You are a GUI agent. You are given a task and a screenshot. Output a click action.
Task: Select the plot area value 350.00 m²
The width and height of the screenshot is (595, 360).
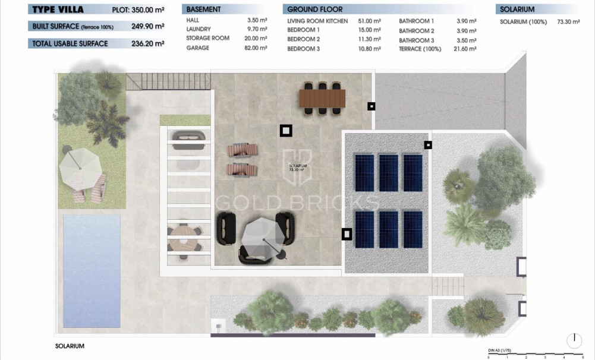pos(148,10)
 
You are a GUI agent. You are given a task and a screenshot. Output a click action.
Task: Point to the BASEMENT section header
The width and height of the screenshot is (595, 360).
pos(204,10)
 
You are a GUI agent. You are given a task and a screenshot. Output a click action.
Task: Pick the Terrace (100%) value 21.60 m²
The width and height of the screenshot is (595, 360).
pos(464,49)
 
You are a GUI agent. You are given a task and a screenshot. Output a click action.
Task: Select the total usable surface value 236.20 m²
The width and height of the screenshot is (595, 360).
pos(148,43)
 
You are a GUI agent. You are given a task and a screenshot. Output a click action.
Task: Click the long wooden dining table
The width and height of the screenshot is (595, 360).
pos(322,97)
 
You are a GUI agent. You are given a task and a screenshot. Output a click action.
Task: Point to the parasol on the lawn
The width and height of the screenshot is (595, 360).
pos(79,166)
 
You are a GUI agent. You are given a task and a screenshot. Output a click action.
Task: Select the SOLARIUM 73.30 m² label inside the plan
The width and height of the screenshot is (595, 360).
pos(297,168)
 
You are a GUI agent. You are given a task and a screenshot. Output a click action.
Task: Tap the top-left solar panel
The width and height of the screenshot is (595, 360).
pos(364,172)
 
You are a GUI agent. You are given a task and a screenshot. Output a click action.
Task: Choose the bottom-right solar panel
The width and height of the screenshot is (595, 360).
pos(413,229)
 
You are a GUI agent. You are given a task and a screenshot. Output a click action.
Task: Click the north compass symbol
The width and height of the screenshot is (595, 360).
pos(574,340)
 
